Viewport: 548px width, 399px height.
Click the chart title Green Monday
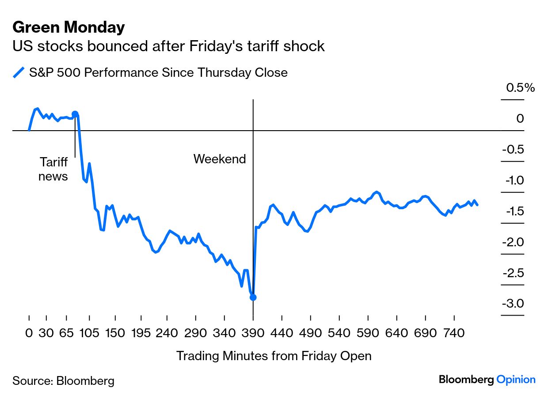[68, 27]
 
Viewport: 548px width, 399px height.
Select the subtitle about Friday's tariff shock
[168, 46]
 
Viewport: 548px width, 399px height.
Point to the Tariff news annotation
[53, 169]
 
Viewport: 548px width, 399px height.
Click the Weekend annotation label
[219, 159]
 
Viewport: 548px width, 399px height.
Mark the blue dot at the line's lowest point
[253, 297]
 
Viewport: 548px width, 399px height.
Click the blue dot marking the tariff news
[75, 114]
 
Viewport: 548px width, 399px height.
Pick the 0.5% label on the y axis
[520, 88]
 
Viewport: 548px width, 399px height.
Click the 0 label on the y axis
[520, 118]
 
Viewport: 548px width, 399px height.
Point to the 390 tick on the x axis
[253, 333]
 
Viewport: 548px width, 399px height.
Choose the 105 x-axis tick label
[89, 333]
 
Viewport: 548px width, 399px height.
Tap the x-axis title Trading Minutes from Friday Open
[274, 356]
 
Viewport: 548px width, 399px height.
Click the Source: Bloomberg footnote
[63, 380]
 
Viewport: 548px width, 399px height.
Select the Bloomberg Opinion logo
[487, 380]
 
